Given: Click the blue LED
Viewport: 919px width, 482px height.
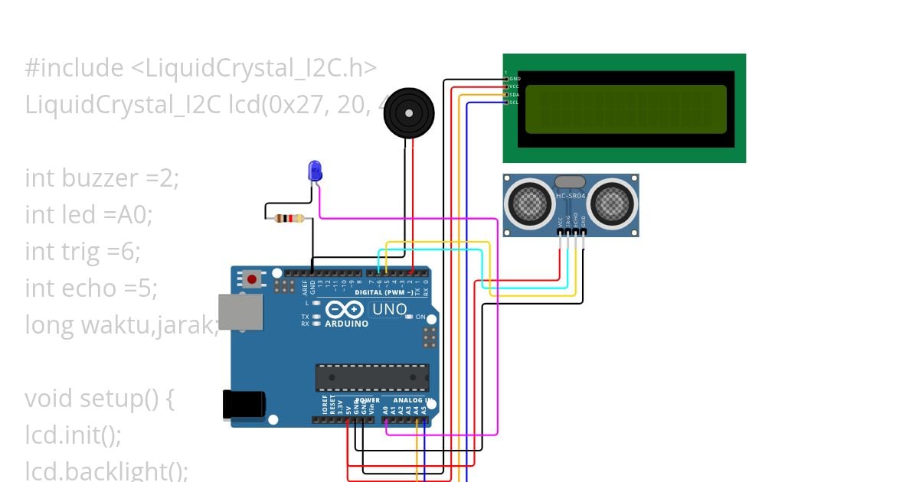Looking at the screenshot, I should [314, 171].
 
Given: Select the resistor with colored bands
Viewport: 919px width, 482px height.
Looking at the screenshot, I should [289, 219].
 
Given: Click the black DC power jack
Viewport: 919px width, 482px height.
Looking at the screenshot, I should [244, 405].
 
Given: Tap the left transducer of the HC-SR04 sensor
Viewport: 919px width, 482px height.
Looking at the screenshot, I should [528, 203].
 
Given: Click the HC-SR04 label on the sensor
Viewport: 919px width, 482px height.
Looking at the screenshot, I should [571, 197].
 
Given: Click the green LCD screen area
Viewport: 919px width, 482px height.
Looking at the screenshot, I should [626, 108].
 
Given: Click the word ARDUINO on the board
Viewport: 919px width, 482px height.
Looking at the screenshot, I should [347, 324].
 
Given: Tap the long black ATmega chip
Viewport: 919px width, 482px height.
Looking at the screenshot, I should [372, 378].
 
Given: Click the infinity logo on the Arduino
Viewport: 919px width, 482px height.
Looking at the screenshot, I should [345, 309].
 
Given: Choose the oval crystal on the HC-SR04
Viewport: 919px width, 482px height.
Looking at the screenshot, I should [570, 181].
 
